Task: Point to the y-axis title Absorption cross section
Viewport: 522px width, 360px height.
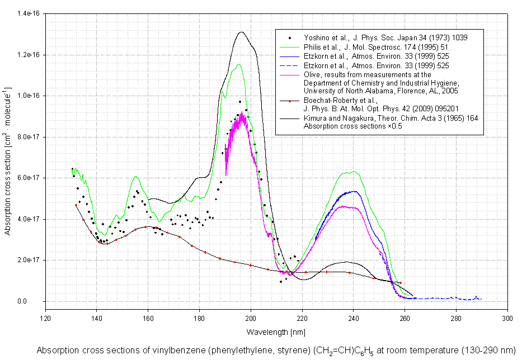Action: pos(8,161)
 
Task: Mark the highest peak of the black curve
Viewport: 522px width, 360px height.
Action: pos(241,32)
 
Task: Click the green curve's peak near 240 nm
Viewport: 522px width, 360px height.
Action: pos(353,172)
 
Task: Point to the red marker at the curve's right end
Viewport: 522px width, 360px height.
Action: pos(400,283)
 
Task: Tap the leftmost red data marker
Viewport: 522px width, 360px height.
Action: pos(76,205)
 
